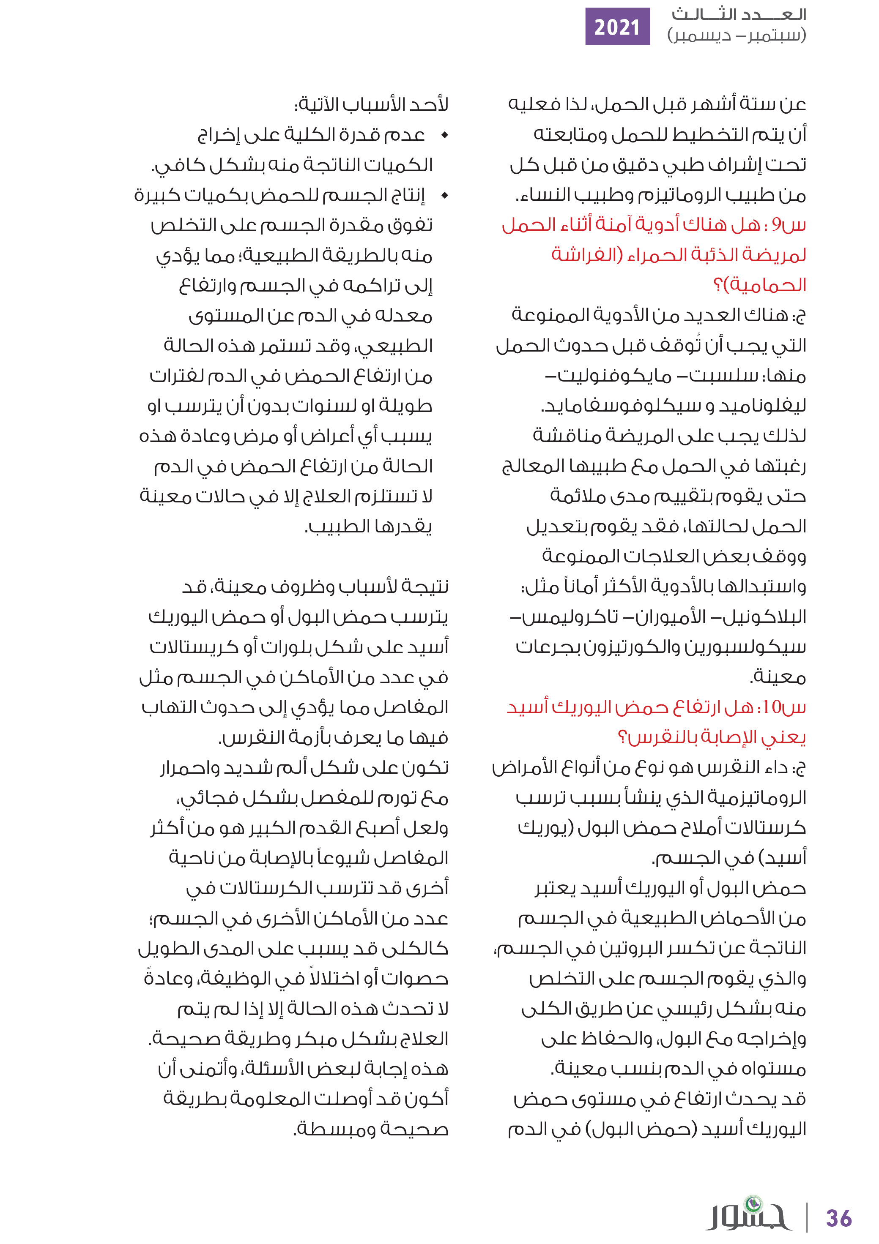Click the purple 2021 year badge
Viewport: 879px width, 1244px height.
coord(617,27)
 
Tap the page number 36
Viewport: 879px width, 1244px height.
coord(838,1219)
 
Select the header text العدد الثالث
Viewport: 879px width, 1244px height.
coord(739,14)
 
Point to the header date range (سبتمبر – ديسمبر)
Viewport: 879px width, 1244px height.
coord(737,36)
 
